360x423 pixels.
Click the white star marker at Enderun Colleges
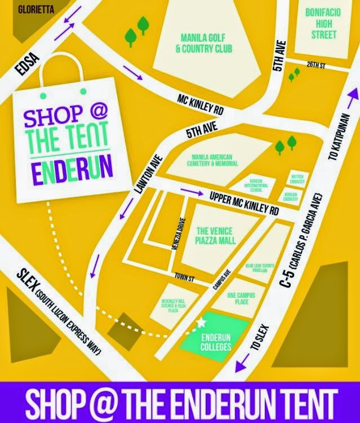201,323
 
